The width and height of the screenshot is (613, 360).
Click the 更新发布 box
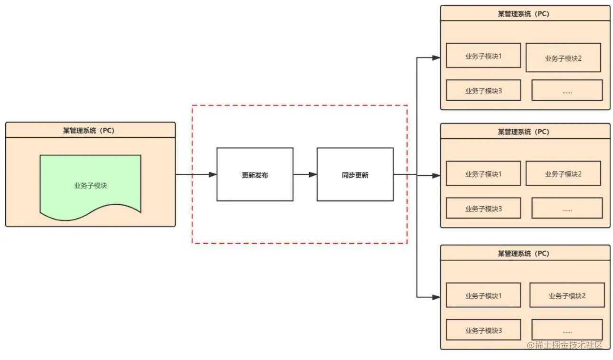pyautogui.click(x=255, y=175)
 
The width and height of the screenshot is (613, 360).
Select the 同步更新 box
pyautogui.click(x=355, y=175)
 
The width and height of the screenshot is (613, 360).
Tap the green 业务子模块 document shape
pyautogui.click(x=90, y=186)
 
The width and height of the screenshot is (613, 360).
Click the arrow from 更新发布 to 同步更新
pyautogui.click(x=305, y=175)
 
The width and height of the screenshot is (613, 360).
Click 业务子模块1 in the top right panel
pyautogui.click(x=483, y=56)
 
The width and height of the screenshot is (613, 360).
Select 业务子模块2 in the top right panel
pyautogui.click(x=563, y=58)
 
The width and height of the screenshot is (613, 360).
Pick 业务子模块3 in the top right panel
pyautogui.click(x=483, y=90)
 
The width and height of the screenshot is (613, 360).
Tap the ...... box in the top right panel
pyautogui.click(x=567, y=90)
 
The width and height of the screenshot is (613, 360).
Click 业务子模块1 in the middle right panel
pyautogui.click(x=483, y=173)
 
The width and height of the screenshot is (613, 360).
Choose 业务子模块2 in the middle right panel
pyautogui.click(x=563, y=173)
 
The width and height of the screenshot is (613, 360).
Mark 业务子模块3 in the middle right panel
pyautogui.click(x=483, y=208)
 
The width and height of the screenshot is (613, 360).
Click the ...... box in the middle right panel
pyautogui.click(x=567, y=208)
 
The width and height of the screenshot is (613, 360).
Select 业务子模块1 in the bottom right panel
pyautogui.click(x=483, y=295)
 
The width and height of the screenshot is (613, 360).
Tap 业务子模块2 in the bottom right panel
pyautogui.click(x=567, y=295)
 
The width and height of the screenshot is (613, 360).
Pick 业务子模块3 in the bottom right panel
pyautogui.click(x=483, y=330)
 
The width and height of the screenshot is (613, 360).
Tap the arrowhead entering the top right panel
pyautogui.click(x=436, y=58)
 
